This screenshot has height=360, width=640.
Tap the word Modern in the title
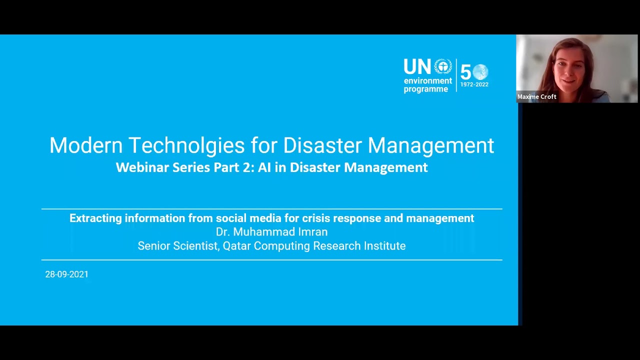coord(85,146)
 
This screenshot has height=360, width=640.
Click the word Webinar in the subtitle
coord(142,167)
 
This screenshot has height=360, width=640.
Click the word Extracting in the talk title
coord(95,218)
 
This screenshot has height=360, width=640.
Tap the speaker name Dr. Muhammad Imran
coord(271,232)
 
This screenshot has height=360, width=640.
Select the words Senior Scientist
coord(177,246)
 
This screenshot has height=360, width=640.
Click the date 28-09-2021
coord(66,274)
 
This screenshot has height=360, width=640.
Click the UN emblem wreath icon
coord(442,67)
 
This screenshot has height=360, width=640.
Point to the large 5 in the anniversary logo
coord(465,73)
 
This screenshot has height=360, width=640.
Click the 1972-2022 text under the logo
coord(474,85)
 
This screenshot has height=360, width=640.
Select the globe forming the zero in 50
coord(480,72)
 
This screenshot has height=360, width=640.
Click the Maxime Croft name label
coord(536,97)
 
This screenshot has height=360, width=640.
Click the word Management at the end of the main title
coord(430,146)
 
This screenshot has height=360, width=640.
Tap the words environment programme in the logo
coord(427,85)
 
